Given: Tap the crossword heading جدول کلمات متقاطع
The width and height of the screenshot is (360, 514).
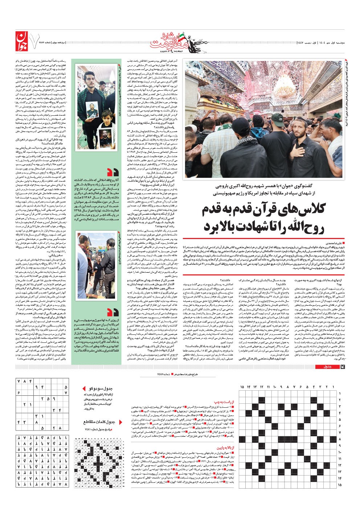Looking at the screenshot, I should [x=99, y=422].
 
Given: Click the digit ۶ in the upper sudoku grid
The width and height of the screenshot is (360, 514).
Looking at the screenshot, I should [x=19, y=392].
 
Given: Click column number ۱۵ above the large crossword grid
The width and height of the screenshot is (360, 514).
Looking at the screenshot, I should [x=242, y=387].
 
